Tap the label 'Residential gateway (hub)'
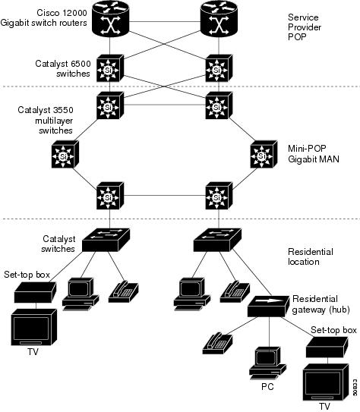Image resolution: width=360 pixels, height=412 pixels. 317,304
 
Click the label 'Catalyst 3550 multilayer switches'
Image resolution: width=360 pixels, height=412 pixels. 46,120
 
